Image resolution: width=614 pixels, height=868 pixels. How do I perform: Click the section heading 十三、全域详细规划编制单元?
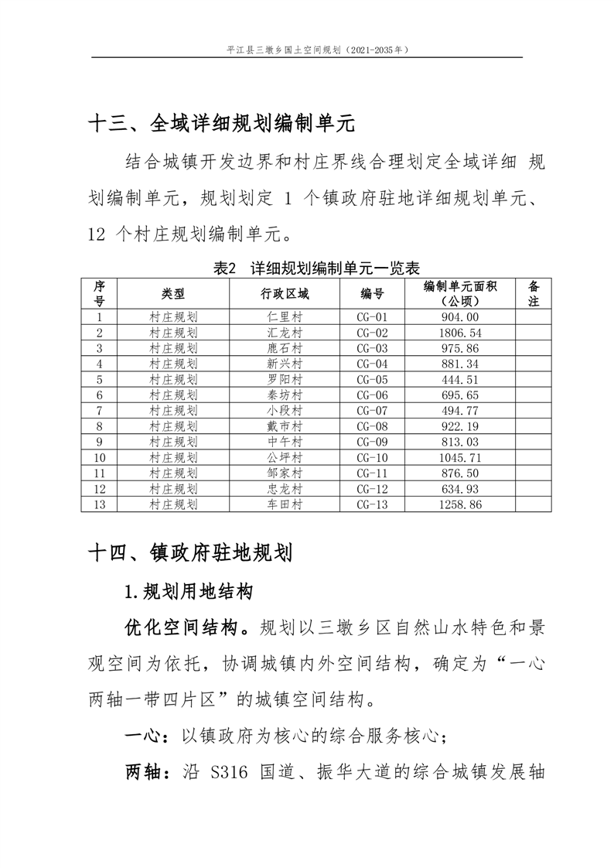pyautogui.click(x=221, y=122)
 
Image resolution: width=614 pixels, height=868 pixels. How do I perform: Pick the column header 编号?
pyautogui.click(x=371, y=293)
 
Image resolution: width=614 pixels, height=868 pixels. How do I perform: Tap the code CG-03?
pyautogui.click(x=370, y=348)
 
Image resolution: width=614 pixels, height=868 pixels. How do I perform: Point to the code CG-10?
pyautogui.click(x=370, y=457)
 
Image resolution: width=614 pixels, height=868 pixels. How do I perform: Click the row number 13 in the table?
pyautogui.click(x=99, y=504)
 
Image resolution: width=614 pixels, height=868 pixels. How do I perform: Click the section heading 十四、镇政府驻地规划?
pyautogui.click(x=190, y=553)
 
